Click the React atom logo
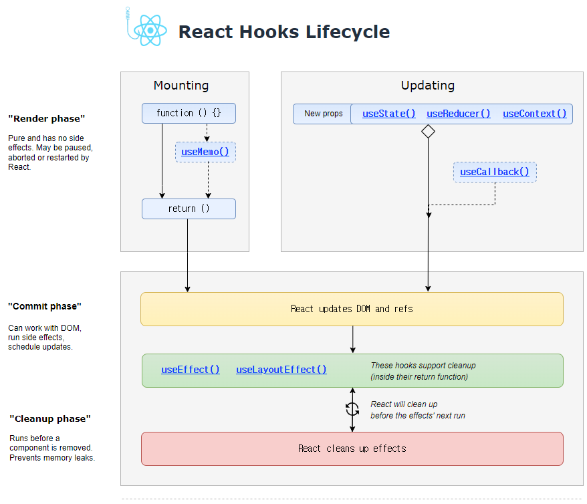pyautogui.click(x=150, y=30)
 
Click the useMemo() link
pyautogui.click(x=205, y=152)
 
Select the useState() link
pyautogui.click(x=388, y=114)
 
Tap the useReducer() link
pyautogui.click(x=458, y=114)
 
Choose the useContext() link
pyautogui.click(x=534, y=114)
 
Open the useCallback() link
pyautogui.click(x=494, y=172)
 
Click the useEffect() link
pyautogui.click(x=190, y=369)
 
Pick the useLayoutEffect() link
pyautogui.click(x=281, y=369)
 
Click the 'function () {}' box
pyautogui.click(x=189, y=113)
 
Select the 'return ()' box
pyautogui.click(x=189, y=209)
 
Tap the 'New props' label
pyautogui.click(x=324, y=114)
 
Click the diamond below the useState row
pyautogui.click(x=428, y=131)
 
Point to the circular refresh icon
pyautogui.click(x=352, y=409)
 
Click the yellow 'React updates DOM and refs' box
pyautogui.click(x=352, y=309)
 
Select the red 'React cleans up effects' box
pyautogui.click(x=352, y=449)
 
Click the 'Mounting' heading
pyautogui.click(x=181, y=86)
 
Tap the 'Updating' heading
pyautogui.click(x=428, y=86)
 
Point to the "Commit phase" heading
pyautogui.click(x=45, y=306)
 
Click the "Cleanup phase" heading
pyautogui.click(x=50, y=418)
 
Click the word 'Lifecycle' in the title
pyautogui.click(x=348, y=32)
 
